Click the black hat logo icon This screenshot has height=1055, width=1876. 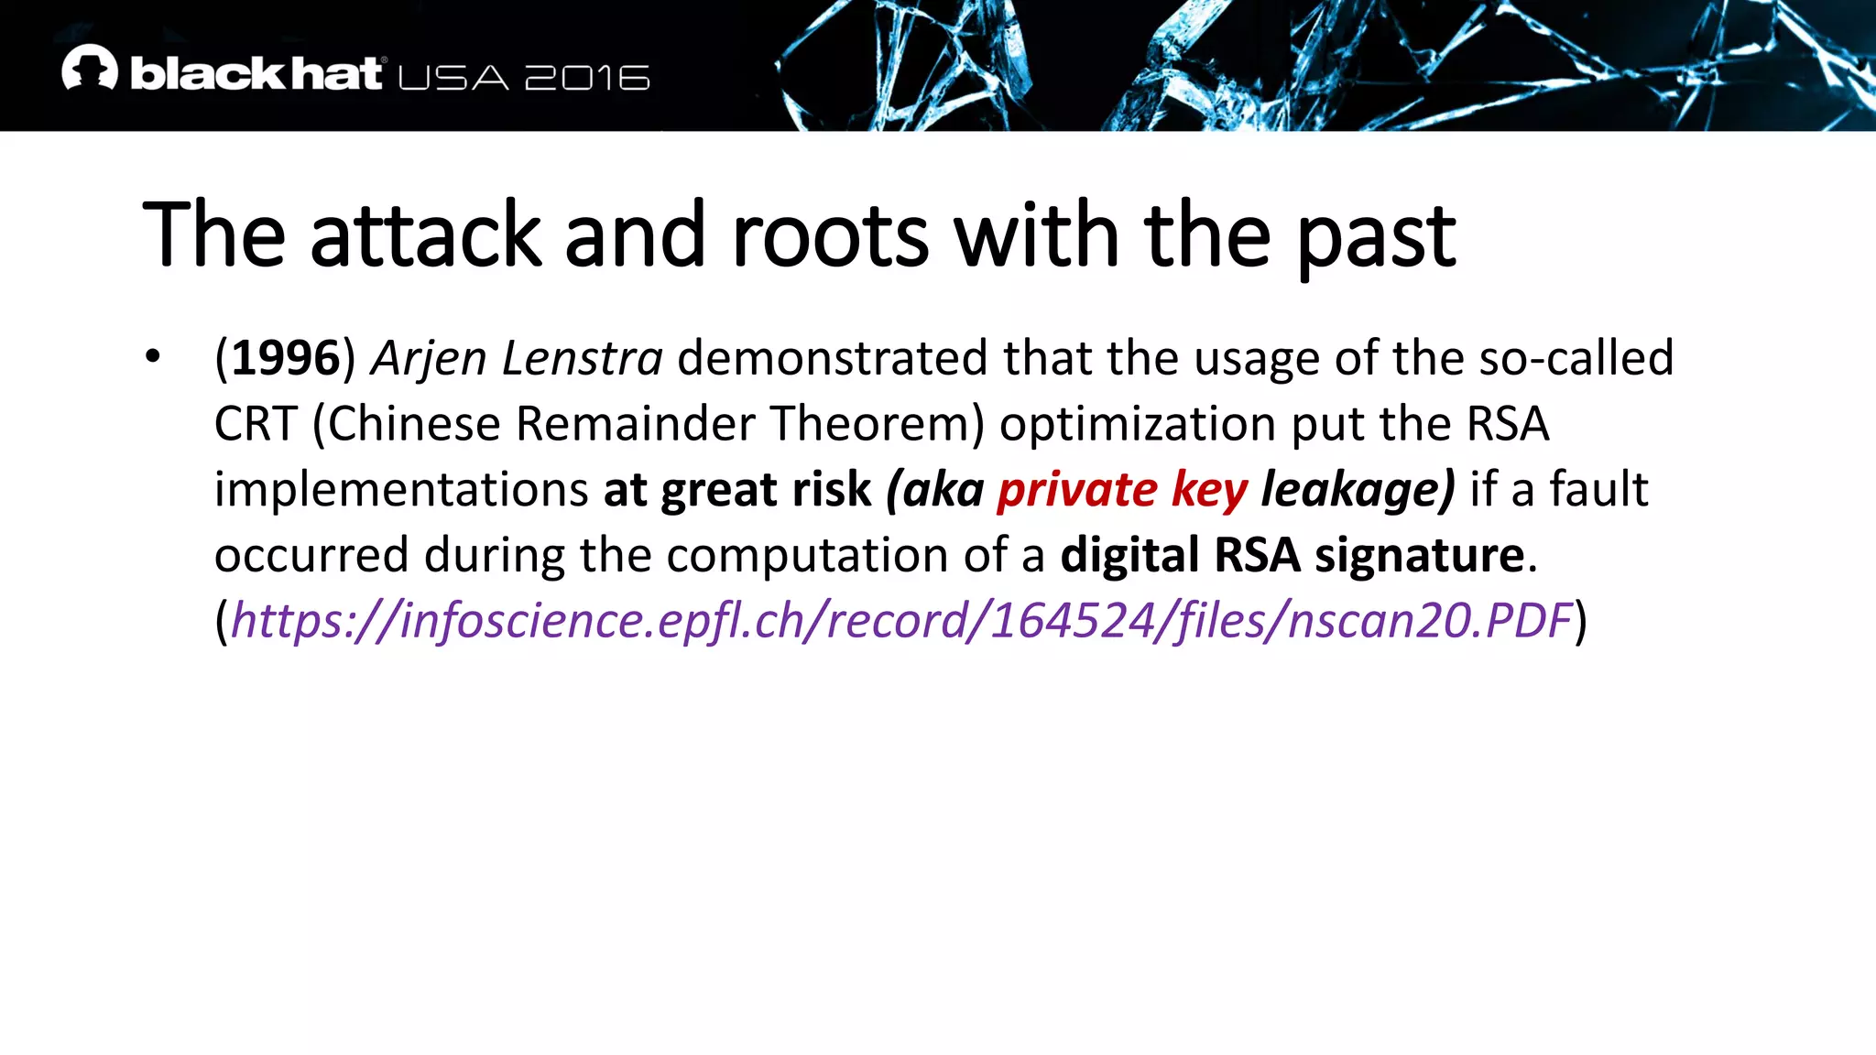pos(90,68)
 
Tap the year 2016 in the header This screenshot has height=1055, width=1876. pos(587,78)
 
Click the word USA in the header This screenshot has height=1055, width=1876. pos(453,78)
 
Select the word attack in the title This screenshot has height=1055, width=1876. pos(426,236)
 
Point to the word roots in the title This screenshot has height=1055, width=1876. pos(830,236)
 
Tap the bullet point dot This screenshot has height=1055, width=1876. pos(153,357)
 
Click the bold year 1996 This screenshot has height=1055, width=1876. pos(285,358)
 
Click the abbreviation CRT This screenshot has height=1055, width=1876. pos(256,424)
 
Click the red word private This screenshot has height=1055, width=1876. pos(1077,490)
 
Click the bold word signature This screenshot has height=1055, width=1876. pos(1419,556)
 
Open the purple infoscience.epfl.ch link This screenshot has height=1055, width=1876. pos(901,621)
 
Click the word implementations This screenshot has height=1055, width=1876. pos(401,491)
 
